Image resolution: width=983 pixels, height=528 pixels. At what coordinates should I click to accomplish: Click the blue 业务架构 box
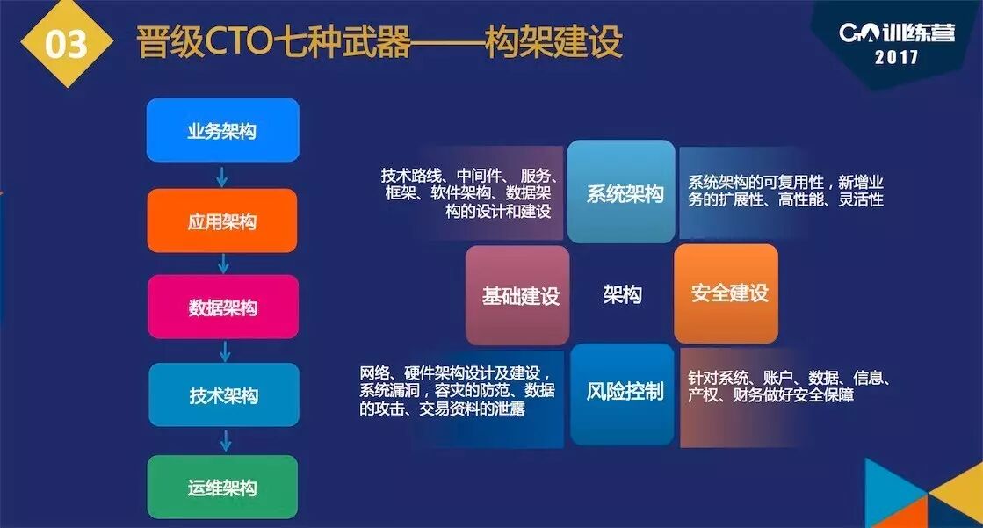222,131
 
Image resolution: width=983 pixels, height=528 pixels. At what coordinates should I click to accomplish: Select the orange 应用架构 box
222,221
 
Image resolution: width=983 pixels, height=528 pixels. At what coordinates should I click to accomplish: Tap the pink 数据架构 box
222,307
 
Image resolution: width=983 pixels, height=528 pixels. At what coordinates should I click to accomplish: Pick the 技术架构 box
223,395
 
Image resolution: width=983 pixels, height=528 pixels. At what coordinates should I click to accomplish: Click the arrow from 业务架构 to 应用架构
222,176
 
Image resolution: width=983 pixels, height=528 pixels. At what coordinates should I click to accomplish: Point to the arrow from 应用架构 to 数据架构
223,264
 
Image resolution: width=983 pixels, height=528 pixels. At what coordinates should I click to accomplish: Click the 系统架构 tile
622,192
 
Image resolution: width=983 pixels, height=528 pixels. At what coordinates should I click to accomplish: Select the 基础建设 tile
518,294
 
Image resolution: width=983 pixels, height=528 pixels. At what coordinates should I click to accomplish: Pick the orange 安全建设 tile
726,293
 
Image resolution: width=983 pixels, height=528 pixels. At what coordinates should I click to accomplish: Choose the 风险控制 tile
624,393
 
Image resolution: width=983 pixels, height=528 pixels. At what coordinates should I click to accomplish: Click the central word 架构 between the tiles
622,294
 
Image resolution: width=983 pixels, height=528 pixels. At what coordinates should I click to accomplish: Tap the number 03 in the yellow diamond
67,45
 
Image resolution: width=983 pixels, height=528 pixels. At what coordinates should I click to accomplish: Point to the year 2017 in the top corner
897,59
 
